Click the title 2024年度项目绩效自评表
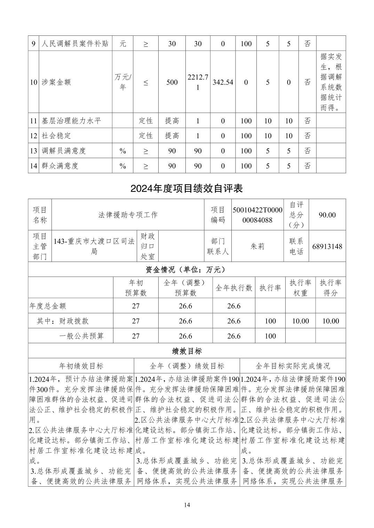186,188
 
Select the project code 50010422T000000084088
257,215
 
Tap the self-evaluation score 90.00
327,215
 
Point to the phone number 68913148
327,247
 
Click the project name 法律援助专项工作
128,215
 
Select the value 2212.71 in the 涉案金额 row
198,82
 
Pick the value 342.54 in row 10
223,82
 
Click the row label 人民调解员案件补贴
75,44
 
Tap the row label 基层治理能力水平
71,121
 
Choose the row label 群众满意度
60,166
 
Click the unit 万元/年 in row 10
122,82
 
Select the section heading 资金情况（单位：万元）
186,270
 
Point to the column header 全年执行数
233,288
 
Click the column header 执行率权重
300,288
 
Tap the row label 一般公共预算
82,336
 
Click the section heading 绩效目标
186,351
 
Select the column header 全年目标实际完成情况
293,366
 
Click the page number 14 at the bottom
187,505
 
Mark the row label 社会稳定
56,136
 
